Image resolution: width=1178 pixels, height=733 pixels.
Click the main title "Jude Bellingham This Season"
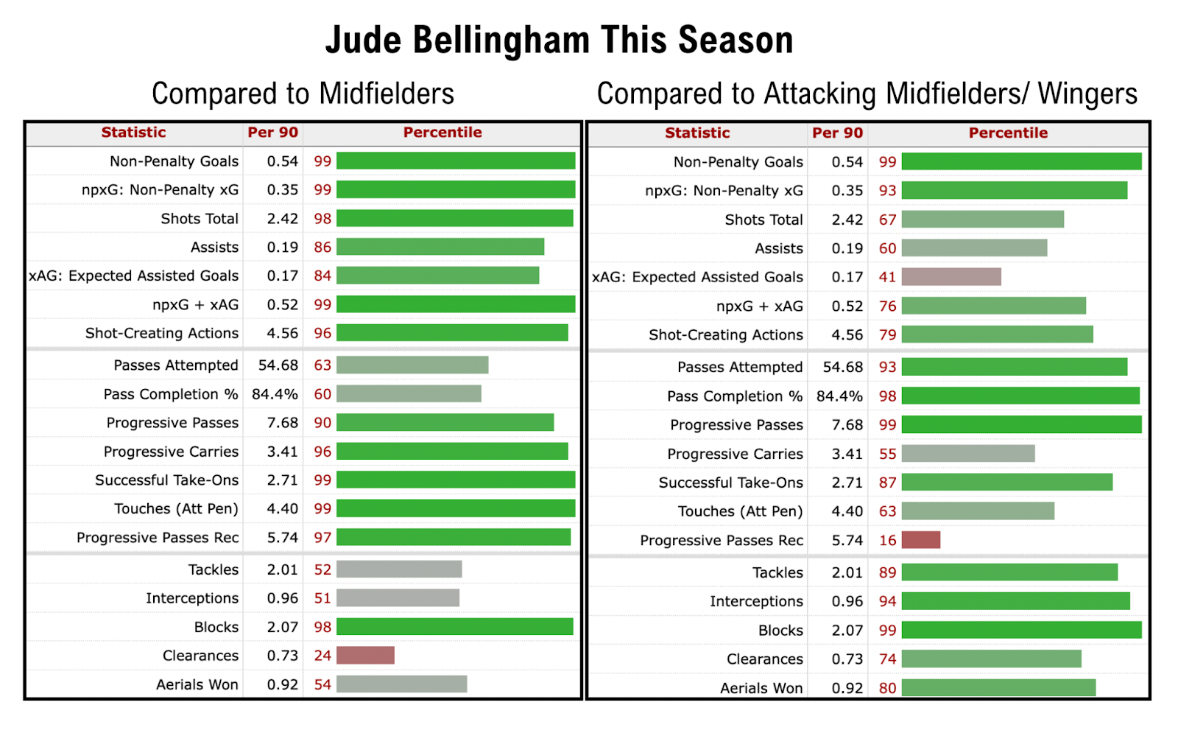coord(560,40)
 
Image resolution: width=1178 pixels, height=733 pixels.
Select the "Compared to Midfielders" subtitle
coord(303,94)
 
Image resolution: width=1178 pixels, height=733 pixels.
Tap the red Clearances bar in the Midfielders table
coord(365,656)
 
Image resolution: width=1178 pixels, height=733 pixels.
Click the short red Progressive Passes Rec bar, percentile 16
coord(920,540)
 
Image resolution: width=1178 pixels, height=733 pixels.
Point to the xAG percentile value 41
coord(887,277)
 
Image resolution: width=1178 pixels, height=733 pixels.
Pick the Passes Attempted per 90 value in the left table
coord(278,365)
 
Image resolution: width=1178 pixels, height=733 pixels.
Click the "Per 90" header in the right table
coord(837,133)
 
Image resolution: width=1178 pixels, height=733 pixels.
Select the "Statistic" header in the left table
coord(133,133)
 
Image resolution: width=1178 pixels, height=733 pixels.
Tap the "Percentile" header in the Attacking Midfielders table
coord(1008,133)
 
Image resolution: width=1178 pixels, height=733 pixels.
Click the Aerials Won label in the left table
coord(197,684)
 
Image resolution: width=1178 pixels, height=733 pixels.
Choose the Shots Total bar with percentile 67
coord(982,220)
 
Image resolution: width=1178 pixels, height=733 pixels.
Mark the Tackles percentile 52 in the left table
coord(322,569)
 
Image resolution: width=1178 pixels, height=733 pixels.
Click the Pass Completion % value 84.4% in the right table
coord(839,396)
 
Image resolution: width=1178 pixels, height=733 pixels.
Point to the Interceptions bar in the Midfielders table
coord(398,598)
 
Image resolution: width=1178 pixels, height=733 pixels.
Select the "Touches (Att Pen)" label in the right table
coord(740,511)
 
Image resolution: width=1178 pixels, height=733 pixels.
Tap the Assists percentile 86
coord(322,248)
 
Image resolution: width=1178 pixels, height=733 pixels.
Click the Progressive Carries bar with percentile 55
coord(967,454)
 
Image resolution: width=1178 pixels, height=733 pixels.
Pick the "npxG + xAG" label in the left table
coord(195,305)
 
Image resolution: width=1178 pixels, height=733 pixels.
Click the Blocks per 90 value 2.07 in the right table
coord(847,631)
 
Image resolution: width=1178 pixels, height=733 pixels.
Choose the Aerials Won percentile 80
coord(887,688)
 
